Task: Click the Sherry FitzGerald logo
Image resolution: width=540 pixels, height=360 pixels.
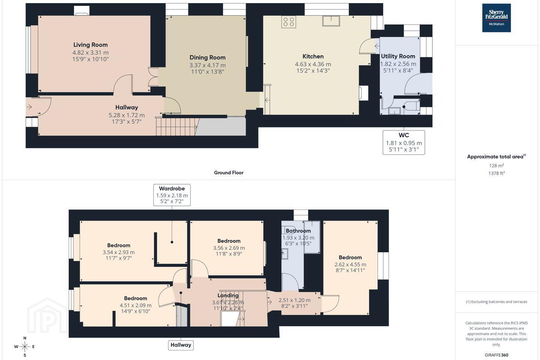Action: [496, 18]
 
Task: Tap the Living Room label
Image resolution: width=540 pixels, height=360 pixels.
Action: [90, 45]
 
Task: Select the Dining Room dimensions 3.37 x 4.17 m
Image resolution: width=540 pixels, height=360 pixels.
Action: [207, 65]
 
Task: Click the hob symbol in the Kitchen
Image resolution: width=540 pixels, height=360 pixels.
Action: [289, 22]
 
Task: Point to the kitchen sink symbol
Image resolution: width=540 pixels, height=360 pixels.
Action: [331, 21]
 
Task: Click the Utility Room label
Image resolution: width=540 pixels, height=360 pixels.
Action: [398, 56]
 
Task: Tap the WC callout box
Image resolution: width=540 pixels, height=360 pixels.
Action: [404, 142]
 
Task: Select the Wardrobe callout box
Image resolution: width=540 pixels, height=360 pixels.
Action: [172, 195]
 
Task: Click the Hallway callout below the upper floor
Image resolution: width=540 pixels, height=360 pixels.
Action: [181, 345]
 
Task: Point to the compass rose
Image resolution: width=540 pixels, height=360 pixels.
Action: [25, 347]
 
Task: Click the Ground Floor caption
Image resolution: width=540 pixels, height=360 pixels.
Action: [229, 172]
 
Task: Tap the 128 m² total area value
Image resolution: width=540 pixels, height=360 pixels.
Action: [496, 166]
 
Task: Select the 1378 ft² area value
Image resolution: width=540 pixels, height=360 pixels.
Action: [496, 173]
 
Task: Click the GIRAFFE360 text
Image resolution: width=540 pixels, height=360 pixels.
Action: [496, 355]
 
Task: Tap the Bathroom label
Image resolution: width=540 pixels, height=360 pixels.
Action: [298, 231]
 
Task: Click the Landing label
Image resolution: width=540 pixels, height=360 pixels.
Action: [228, 295]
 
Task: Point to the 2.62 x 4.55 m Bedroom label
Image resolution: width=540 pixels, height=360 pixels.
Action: [350, 258]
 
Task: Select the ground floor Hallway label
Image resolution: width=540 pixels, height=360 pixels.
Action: [127, 108]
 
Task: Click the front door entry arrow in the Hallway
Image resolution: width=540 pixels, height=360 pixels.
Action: [29, 106]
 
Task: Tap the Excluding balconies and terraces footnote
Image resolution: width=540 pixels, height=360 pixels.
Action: [496, 302]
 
